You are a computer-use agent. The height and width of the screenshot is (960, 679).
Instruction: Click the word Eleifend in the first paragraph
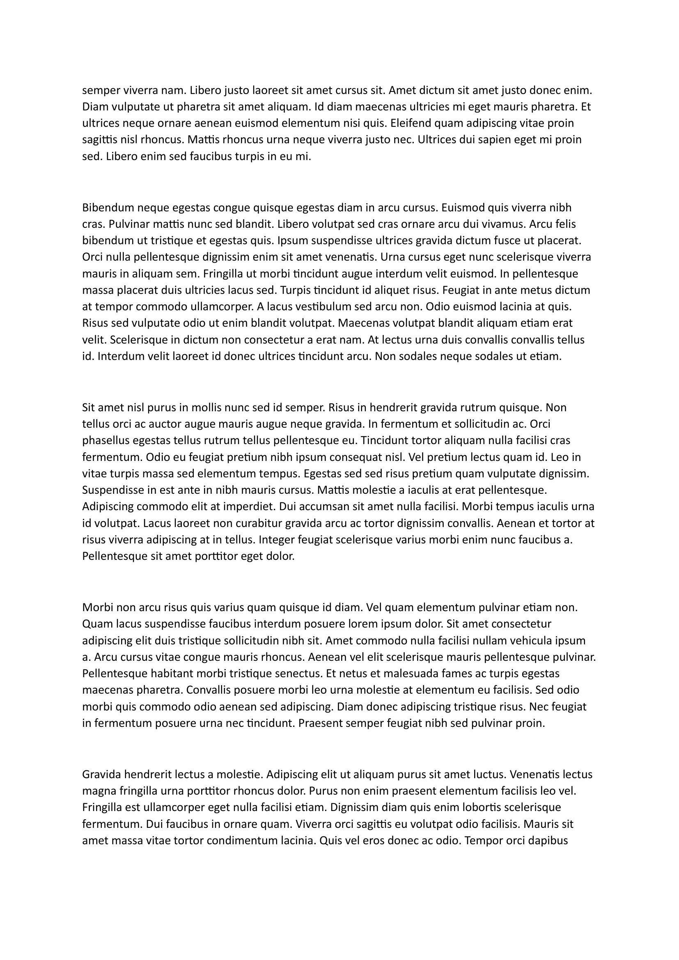pos(406,124)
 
